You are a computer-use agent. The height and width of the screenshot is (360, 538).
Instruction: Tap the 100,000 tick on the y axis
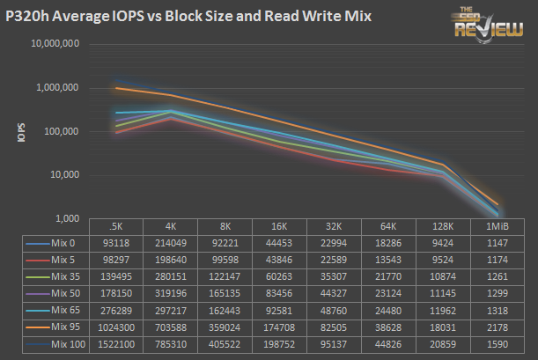click(x=62, y=131)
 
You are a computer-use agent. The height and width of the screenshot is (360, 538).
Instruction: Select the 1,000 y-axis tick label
click(x=68, y=218)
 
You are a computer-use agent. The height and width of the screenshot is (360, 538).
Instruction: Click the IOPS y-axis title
click(x=20, y=132)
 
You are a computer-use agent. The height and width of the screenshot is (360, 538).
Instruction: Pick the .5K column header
click(x=117, y=226)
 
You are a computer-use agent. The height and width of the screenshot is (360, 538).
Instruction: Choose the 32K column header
click(x=335, y=226)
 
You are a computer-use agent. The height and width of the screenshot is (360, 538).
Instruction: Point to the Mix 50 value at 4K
click(x=172, y=291)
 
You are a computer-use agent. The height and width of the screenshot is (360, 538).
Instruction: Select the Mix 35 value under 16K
click(x=280, y=276)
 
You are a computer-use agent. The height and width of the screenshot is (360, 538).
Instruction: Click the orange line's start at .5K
click(x=117, y=88)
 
